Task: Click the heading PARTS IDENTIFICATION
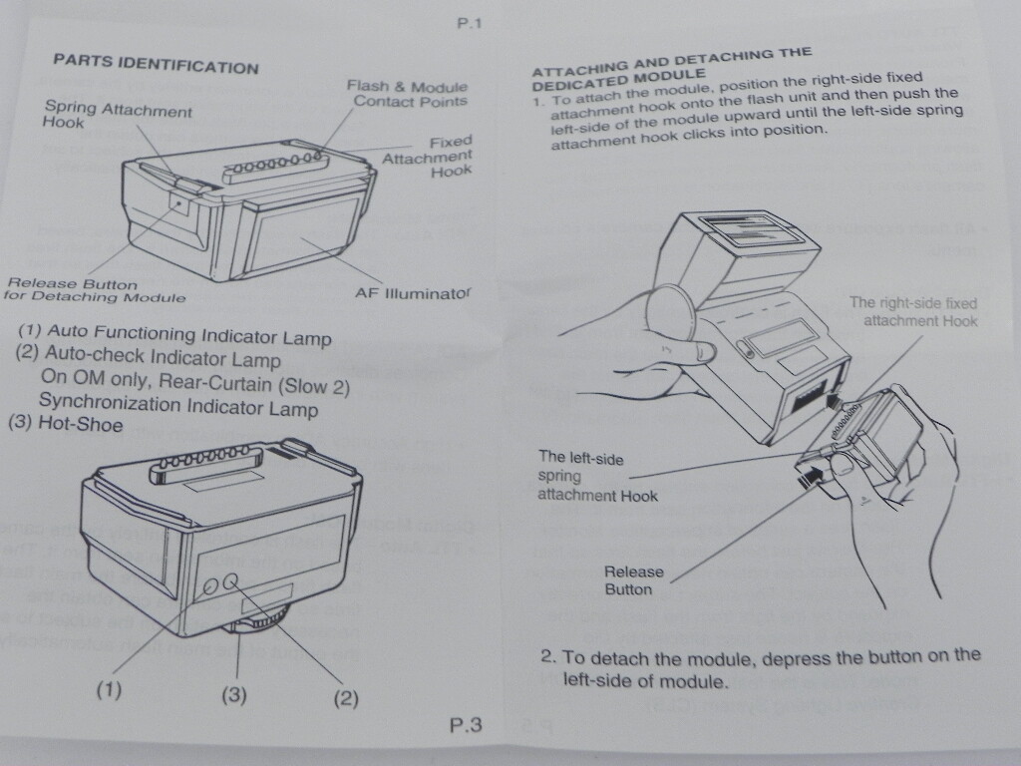coord(155,63)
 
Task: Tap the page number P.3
coord(466,725)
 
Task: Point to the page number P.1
coord(469,25)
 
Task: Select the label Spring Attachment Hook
coord(117,116)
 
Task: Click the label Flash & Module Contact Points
coord(407,94)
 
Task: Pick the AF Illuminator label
coord(412,293)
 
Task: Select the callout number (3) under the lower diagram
coord(233,694)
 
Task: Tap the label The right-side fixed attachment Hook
coord(912,311)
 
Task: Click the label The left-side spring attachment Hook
coord(597,475)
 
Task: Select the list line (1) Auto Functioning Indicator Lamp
coord(174,333)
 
